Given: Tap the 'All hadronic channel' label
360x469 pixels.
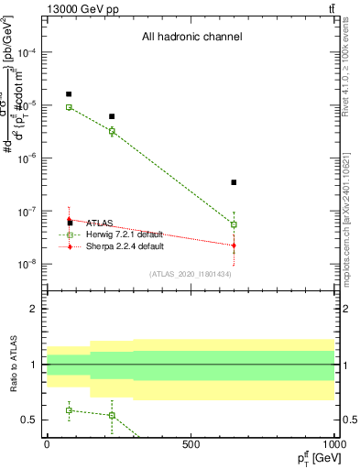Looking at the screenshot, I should (x=191, y=38).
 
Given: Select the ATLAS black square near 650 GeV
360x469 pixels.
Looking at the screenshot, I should (x=235, y=182).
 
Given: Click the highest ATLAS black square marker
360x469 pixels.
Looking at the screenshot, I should (x=69, y=94).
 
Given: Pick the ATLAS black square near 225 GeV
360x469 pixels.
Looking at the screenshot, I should (x=112, y=116).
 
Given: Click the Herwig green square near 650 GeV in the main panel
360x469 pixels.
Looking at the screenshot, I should (x=235, y=224).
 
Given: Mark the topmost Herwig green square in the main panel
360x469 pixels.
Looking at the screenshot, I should (x=69, y=107).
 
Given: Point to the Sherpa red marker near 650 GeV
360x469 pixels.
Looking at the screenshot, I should (x=235, y=245).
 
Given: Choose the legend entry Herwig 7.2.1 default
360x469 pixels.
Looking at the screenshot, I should (x=125, y=234).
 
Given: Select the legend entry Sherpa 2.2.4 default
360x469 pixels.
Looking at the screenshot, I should (x=125, y=246).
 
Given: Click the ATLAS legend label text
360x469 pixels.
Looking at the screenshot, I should (x=100, y=223).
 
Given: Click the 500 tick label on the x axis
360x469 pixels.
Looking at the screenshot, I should (x=191, y=445).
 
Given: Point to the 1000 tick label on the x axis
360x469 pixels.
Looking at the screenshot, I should (x=335, y=445).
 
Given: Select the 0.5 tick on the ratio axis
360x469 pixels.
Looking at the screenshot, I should (x=30, y=420).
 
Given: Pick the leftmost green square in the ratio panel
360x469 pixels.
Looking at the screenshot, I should (x=69, y=410).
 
